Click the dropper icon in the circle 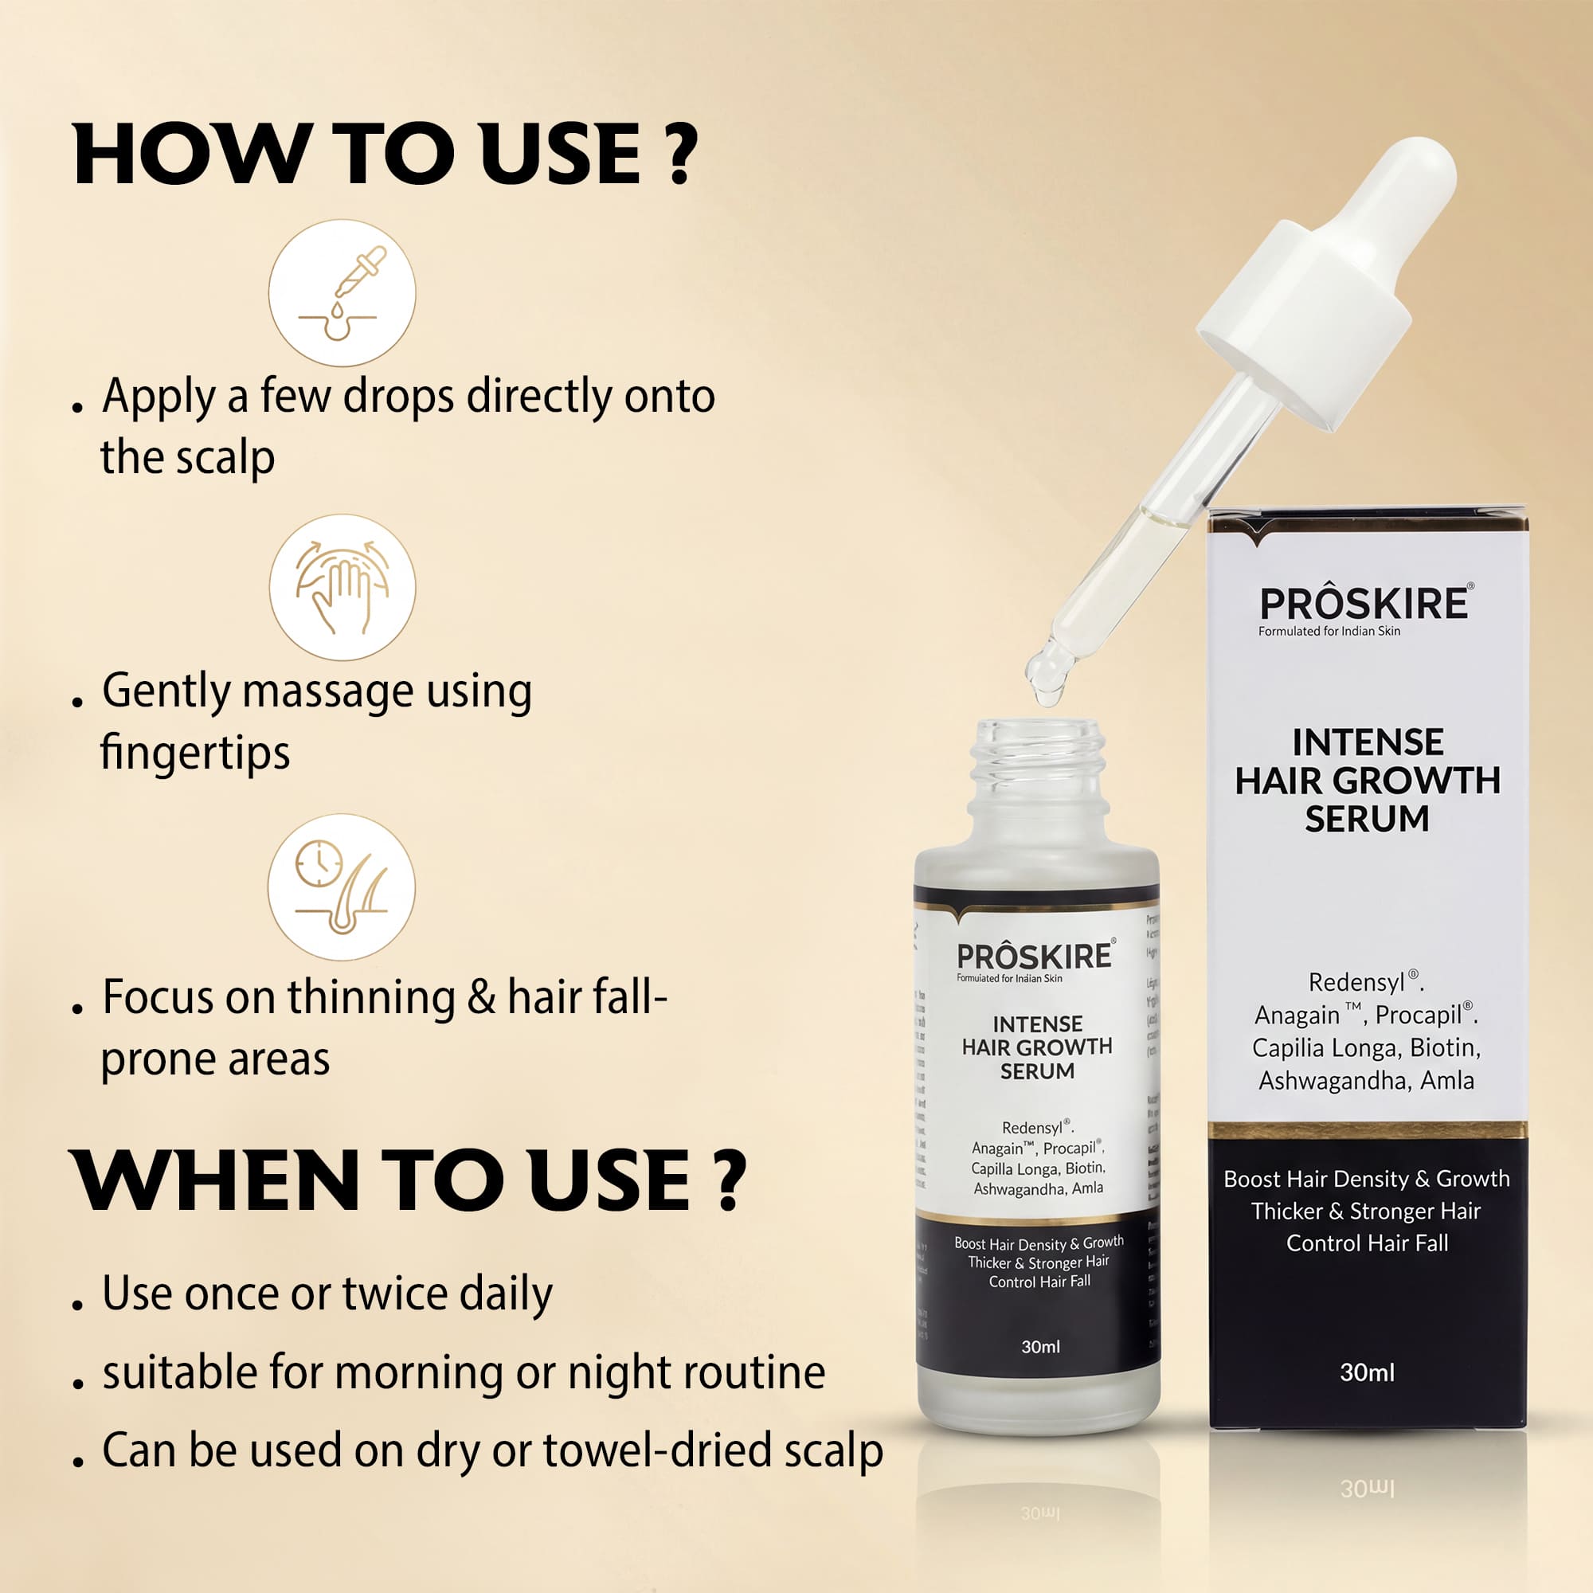pyautogui.click(x=342, y=292)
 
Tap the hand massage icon pyautogui.click(x=342, y=587)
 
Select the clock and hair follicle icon pyautogui.click(x=342, y=887)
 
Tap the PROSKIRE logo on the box pyautogui.click(x=1364, y=605)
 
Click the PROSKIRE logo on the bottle pyautogui.click(x=1034, y=957)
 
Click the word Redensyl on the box pyautogui.click(x=1356, y=983)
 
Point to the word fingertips pyautogui.click(x=194, y=753)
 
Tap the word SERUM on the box pyautogui.click(x=1367, y=819)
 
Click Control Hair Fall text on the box pyautogui.click(x=1367, y=1243)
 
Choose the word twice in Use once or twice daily pyautogui.click(x=393, y=1293)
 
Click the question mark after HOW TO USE pyautogui.click(x=680, y=155)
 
